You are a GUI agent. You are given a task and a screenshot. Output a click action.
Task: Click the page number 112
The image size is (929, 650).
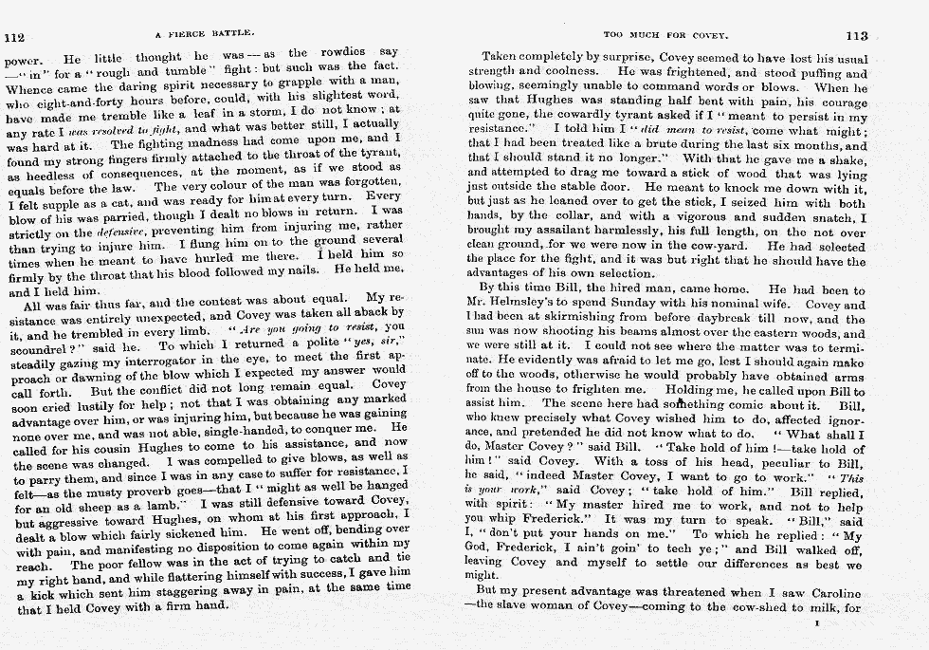14,37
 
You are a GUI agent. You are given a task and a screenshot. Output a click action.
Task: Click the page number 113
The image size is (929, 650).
856,36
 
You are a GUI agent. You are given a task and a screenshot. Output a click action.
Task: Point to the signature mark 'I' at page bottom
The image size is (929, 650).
817,624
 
